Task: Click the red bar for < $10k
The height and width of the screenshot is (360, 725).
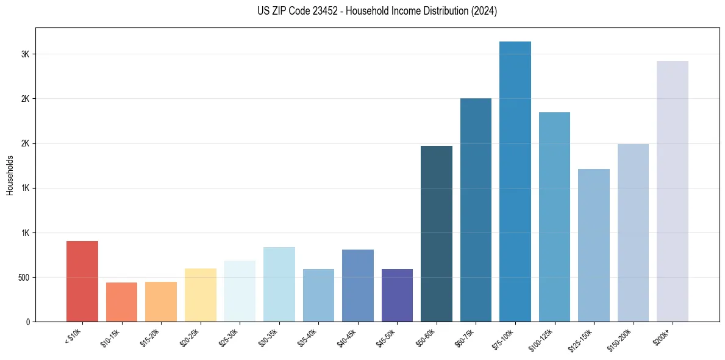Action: [x=82, y=281]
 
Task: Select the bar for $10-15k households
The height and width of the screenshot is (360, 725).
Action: [x=121, y=302]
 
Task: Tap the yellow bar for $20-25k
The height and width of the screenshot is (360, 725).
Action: [x=201, y=295]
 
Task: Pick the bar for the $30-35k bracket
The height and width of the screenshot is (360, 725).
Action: [x=279, y=284]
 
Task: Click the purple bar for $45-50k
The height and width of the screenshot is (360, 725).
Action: [x=397, y=295]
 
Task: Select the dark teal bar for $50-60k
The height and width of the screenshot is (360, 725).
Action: [x=437, y=234]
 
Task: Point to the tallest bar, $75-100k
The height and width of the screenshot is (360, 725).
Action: [x=515, y=181]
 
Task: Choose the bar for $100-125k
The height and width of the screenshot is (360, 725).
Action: [x=554, y=217]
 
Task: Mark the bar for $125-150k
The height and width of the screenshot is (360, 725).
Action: [x=594, y=245]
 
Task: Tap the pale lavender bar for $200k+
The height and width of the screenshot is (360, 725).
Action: [x=673, y=191]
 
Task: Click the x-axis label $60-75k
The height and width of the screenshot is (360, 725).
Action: [x=465, y=337]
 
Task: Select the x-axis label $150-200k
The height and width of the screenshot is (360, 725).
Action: [x=621, y=339]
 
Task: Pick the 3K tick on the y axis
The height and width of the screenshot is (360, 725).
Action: [x=25, y=54]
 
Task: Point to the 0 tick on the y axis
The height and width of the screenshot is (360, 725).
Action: [x=27, y=322]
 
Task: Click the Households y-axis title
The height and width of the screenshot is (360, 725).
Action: [x=10, y=175]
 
